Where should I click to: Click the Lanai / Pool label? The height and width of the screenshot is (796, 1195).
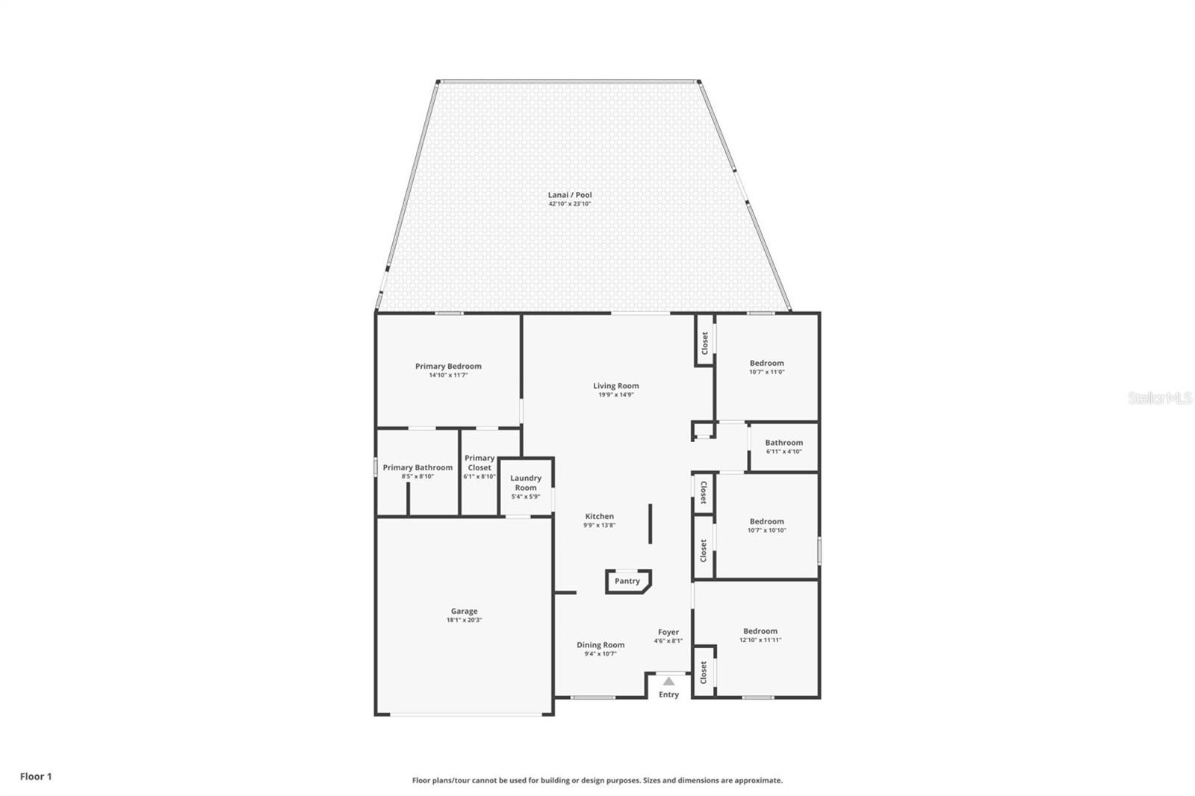click(570, 195)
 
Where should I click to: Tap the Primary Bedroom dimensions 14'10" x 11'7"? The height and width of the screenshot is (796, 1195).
click(448, 376)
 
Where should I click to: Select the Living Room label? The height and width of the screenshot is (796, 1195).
click(616, 386)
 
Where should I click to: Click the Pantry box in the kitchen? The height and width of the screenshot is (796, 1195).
click(627, 581)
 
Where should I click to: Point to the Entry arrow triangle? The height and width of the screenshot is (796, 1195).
click(668, 681)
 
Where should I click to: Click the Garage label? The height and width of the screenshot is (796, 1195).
click(464, 611)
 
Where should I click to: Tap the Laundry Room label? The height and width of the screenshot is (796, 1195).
click(526, 482)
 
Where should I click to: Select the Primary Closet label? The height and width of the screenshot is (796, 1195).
click(479, 462)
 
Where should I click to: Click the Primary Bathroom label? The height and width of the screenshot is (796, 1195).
click(418, 467)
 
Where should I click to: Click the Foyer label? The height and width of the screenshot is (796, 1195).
click(668, 632)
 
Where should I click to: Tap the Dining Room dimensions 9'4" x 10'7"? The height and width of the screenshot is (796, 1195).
click(600, 654)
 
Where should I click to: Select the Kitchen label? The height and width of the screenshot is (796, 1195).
click(599, 516)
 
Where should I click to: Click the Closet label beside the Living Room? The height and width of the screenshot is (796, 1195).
click(704, 343)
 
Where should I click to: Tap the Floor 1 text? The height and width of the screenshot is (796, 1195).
click(36, 777)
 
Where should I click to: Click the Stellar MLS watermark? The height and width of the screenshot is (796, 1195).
click(1159, 399)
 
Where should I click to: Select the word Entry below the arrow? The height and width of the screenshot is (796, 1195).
click(668, 694)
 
